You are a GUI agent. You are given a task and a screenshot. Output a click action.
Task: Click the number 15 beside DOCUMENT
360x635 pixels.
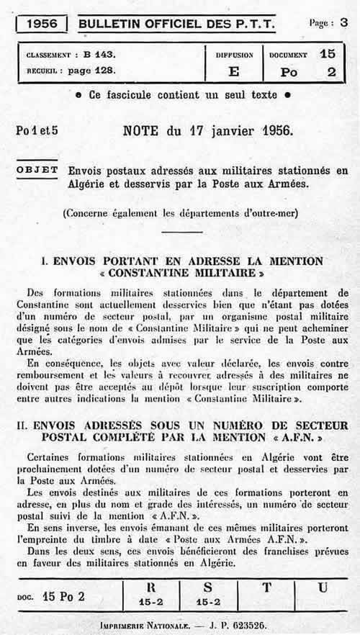point(328,54)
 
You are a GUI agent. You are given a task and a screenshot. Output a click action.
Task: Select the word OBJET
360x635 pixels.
point(36,170)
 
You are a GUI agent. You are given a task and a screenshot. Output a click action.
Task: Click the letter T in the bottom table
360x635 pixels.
point(266,587)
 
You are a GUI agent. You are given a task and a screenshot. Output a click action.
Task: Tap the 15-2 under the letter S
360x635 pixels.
point(209,600)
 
